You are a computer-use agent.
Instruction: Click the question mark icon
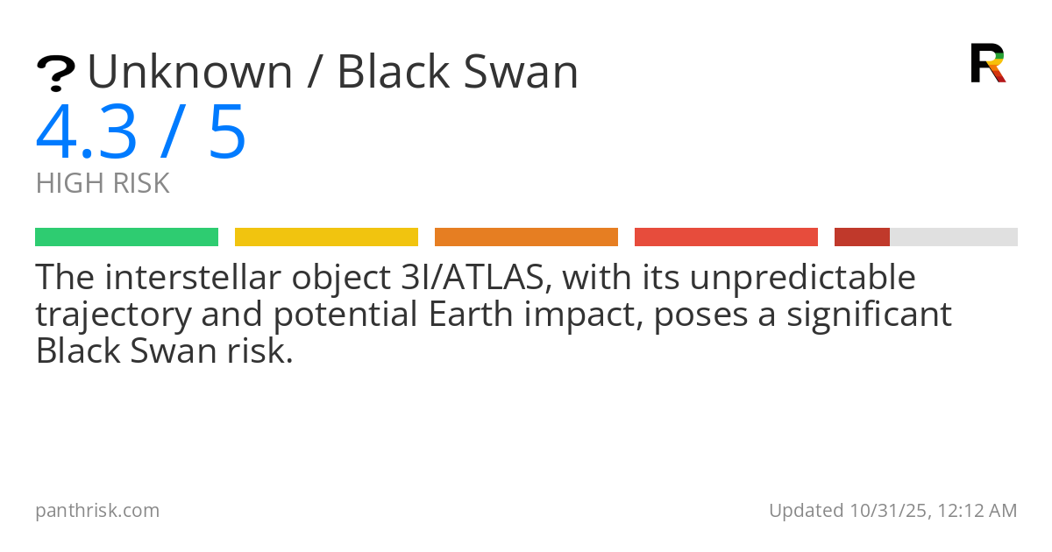tap(56, 74)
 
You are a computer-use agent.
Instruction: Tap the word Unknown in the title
tap(190, 72)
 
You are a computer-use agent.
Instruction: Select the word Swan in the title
tap(521, 72)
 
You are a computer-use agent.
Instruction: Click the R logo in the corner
tap(988, 63)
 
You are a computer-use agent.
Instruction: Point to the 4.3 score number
tap(87, 132)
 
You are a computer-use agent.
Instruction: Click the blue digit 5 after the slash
tap(228, 132)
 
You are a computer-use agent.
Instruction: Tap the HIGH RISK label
tap(103, 183)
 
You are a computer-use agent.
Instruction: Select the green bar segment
tap(127, 237)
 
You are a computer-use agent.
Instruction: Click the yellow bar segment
tap(326, 237)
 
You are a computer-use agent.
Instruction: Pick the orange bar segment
tap(527, 237)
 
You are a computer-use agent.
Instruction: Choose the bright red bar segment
tap(726, 237)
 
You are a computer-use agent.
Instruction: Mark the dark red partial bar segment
tap(862, 237)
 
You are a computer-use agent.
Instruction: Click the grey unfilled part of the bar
tap(954, 237)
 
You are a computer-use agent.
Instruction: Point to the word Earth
tap(471, 314)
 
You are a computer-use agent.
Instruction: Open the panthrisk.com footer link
tap(97, 511)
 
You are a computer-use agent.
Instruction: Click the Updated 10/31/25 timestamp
tap(892, 511)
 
